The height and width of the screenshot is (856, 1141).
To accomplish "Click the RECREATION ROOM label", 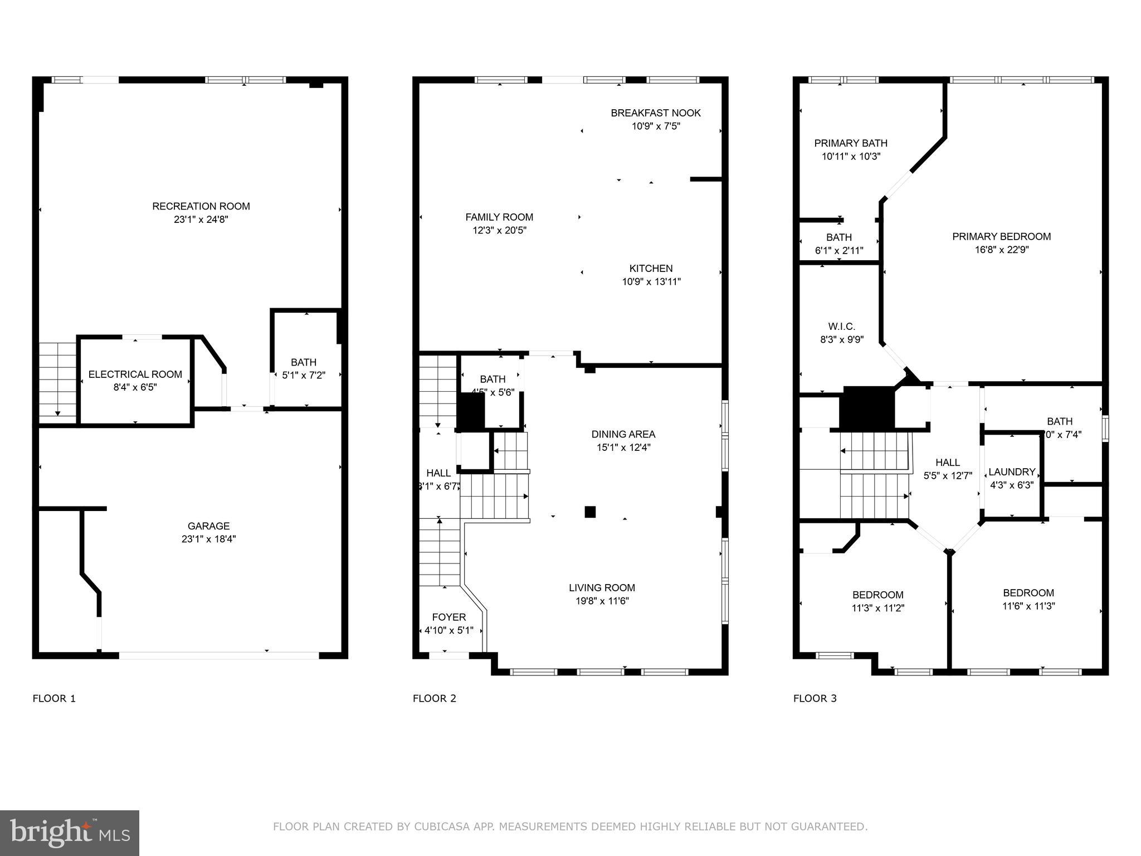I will coord(201,206).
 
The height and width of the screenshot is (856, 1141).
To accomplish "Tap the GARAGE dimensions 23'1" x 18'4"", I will coord(208,539).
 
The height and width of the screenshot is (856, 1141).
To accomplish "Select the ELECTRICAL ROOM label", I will coord(135,374).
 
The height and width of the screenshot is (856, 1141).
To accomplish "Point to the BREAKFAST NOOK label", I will coord(656,113).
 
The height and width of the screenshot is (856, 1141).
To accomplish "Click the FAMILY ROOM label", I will coord(499,217).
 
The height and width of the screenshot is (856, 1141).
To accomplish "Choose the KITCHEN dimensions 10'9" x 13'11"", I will coord(651,282).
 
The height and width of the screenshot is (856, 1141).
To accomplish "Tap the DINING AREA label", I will coord(623,434).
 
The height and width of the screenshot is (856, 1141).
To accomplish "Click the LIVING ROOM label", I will coord(602,587).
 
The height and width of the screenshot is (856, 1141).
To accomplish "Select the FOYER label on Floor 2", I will coord(449,617).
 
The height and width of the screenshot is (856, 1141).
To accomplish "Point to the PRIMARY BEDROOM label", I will coord(1001,236).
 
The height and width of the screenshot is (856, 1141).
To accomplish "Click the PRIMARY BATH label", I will coord(851,143).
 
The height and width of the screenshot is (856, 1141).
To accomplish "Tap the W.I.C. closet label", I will coord(841,327).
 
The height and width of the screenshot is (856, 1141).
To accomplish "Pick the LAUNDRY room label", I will coord(1012,472).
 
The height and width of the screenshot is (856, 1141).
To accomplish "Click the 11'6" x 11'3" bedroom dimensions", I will coord(1028,606).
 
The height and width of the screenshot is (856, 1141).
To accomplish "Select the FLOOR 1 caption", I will coord(54,698).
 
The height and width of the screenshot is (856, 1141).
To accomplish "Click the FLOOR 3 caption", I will coord(815,698).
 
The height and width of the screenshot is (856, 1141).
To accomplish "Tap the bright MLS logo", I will coord(70,833).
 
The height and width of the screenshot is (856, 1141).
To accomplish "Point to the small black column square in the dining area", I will coord(590,512).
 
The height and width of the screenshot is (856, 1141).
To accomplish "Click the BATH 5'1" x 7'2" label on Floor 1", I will coord(303,363).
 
